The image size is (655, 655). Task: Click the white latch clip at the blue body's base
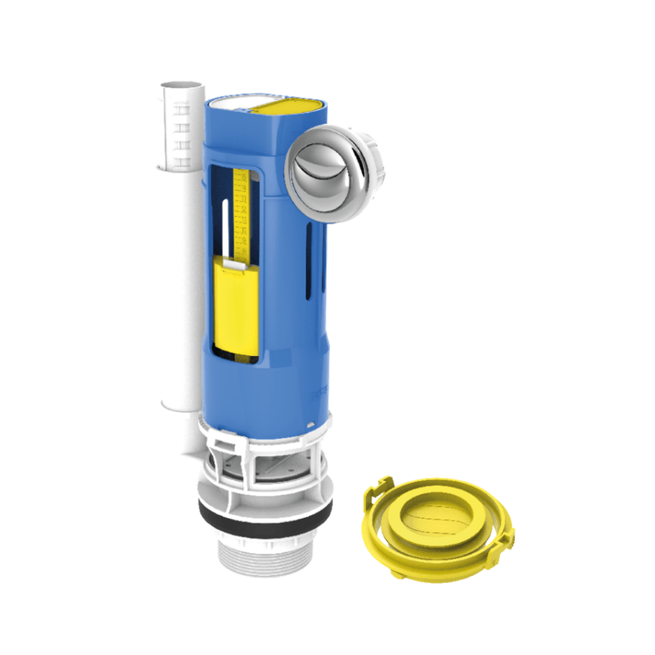[x=221, y=431]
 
